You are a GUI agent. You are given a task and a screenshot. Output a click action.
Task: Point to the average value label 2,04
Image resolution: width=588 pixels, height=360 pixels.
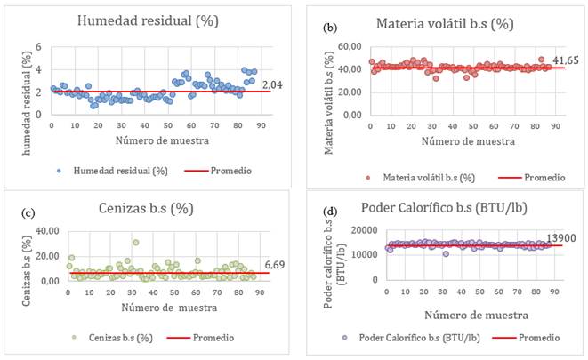(274, 84)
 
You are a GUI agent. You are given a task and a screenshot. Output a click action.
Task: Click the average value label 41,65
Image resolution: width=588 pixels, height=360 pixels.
(566, 60)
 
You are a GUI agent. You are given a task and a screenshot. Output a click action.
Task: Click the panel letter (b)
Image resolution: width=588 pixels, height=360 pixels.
(331, 28)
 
